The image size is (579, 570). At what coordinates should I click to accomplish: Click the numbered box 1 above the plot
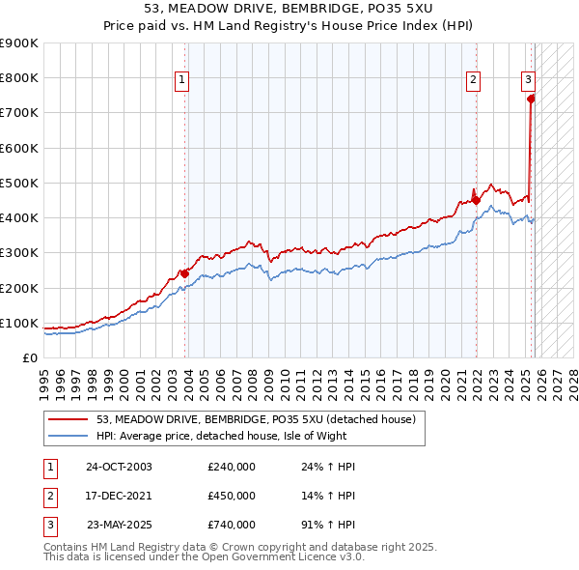182,81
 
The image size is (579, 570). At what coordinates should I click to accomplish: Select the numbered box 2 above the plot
474,81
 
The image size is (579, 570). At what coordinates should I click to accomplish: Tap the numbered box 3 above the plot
529,81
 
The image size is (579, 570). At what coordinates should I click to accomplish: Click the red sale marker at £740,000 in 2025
531,98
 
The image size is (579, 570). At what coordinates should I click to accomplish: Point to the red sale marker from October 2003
184,273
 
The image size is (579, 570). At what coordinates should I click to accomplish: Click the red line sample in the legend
69,419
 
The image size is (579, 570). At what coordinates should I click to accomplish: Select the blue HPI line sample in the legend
69,436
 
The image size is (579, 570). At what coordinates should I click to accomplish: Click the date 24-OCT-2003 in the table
119,467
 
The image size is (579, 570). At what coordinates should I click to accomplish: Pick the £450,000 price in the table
232,496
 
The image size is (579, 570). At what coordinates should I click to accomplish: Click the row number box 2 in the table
49,496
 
